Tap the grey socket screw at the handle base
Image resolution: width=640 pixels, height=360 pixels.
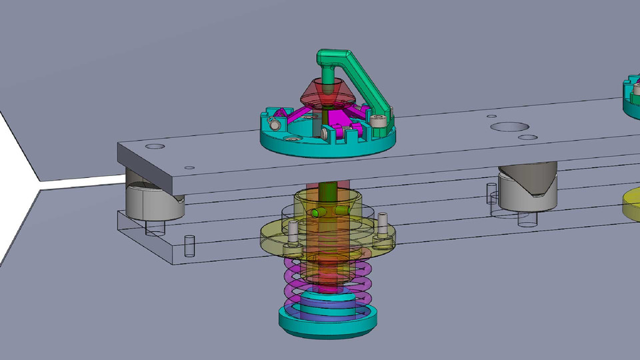coord(379,121)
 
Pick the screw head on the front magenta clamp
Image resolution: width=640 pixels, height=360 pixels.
coord(324,133)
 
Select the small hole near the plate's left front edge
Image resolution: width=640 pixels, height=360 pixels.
coord(190,168)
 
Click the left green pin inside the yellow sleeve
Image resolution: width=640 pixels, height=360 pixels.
coord(315,213)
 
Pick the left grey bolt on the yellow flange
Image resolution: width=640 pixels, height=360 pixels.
coord(292,234)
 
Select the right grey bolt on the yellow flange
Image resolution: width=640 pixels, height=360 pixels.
coord(383,227)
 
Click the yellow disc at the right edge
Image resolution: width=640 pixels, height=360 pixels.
coord(631,203)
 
